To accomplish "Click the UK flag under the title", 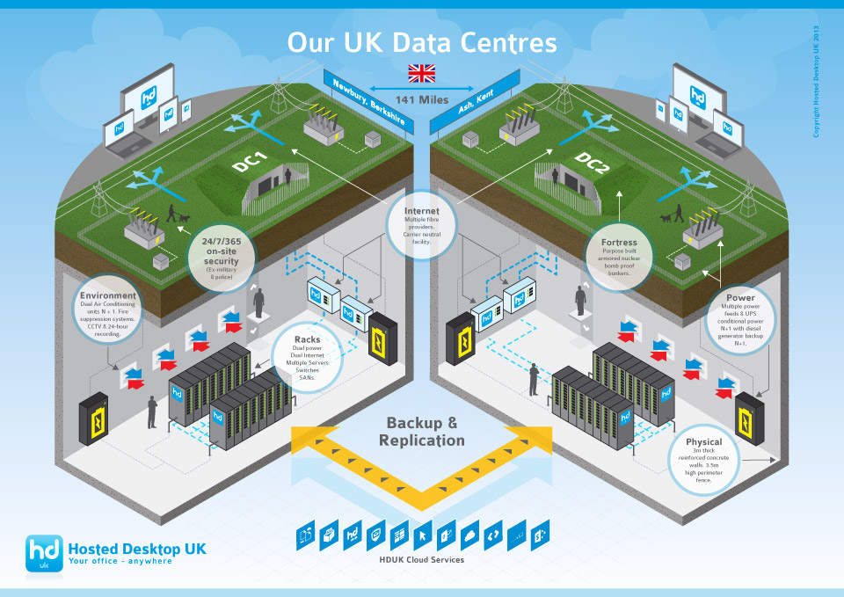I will (x=422, y=72).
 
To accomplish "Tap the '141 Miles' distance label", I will (x=422, y=99).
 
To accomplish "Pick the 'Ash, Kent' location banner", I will (x=476, y=105).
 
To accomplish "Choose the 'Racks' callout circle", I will (x=307, y=355).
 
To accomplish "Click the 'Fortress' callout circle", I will (x=619, y=258).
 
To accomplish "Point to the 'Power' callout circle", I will (x=740, y=319).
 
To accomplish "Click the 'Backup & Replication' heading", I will (x=422, y=431).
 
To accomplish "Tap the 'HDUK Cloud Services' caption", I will (x=422, y=559).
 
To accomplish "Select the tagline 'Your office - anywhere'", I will (x=120, y=561).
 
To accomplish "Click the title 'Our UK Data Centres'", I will (x=422, y=42).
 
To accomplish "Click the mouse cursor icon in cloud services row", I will (x=422, y=533).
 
